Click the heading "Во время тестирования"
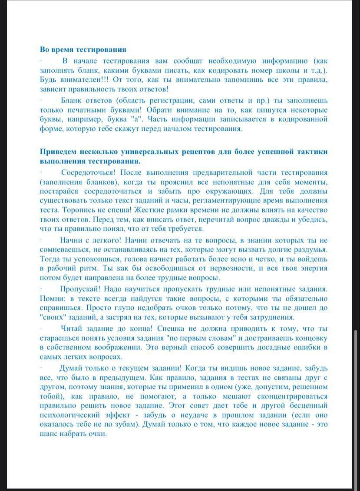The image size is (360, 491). click(83, 50)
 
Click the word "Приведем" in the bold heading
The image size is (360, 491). click(59, 152)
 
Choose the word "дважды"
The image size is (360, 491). click(269, 219)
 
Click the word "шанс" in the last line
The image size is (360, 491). click(49, 434)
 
